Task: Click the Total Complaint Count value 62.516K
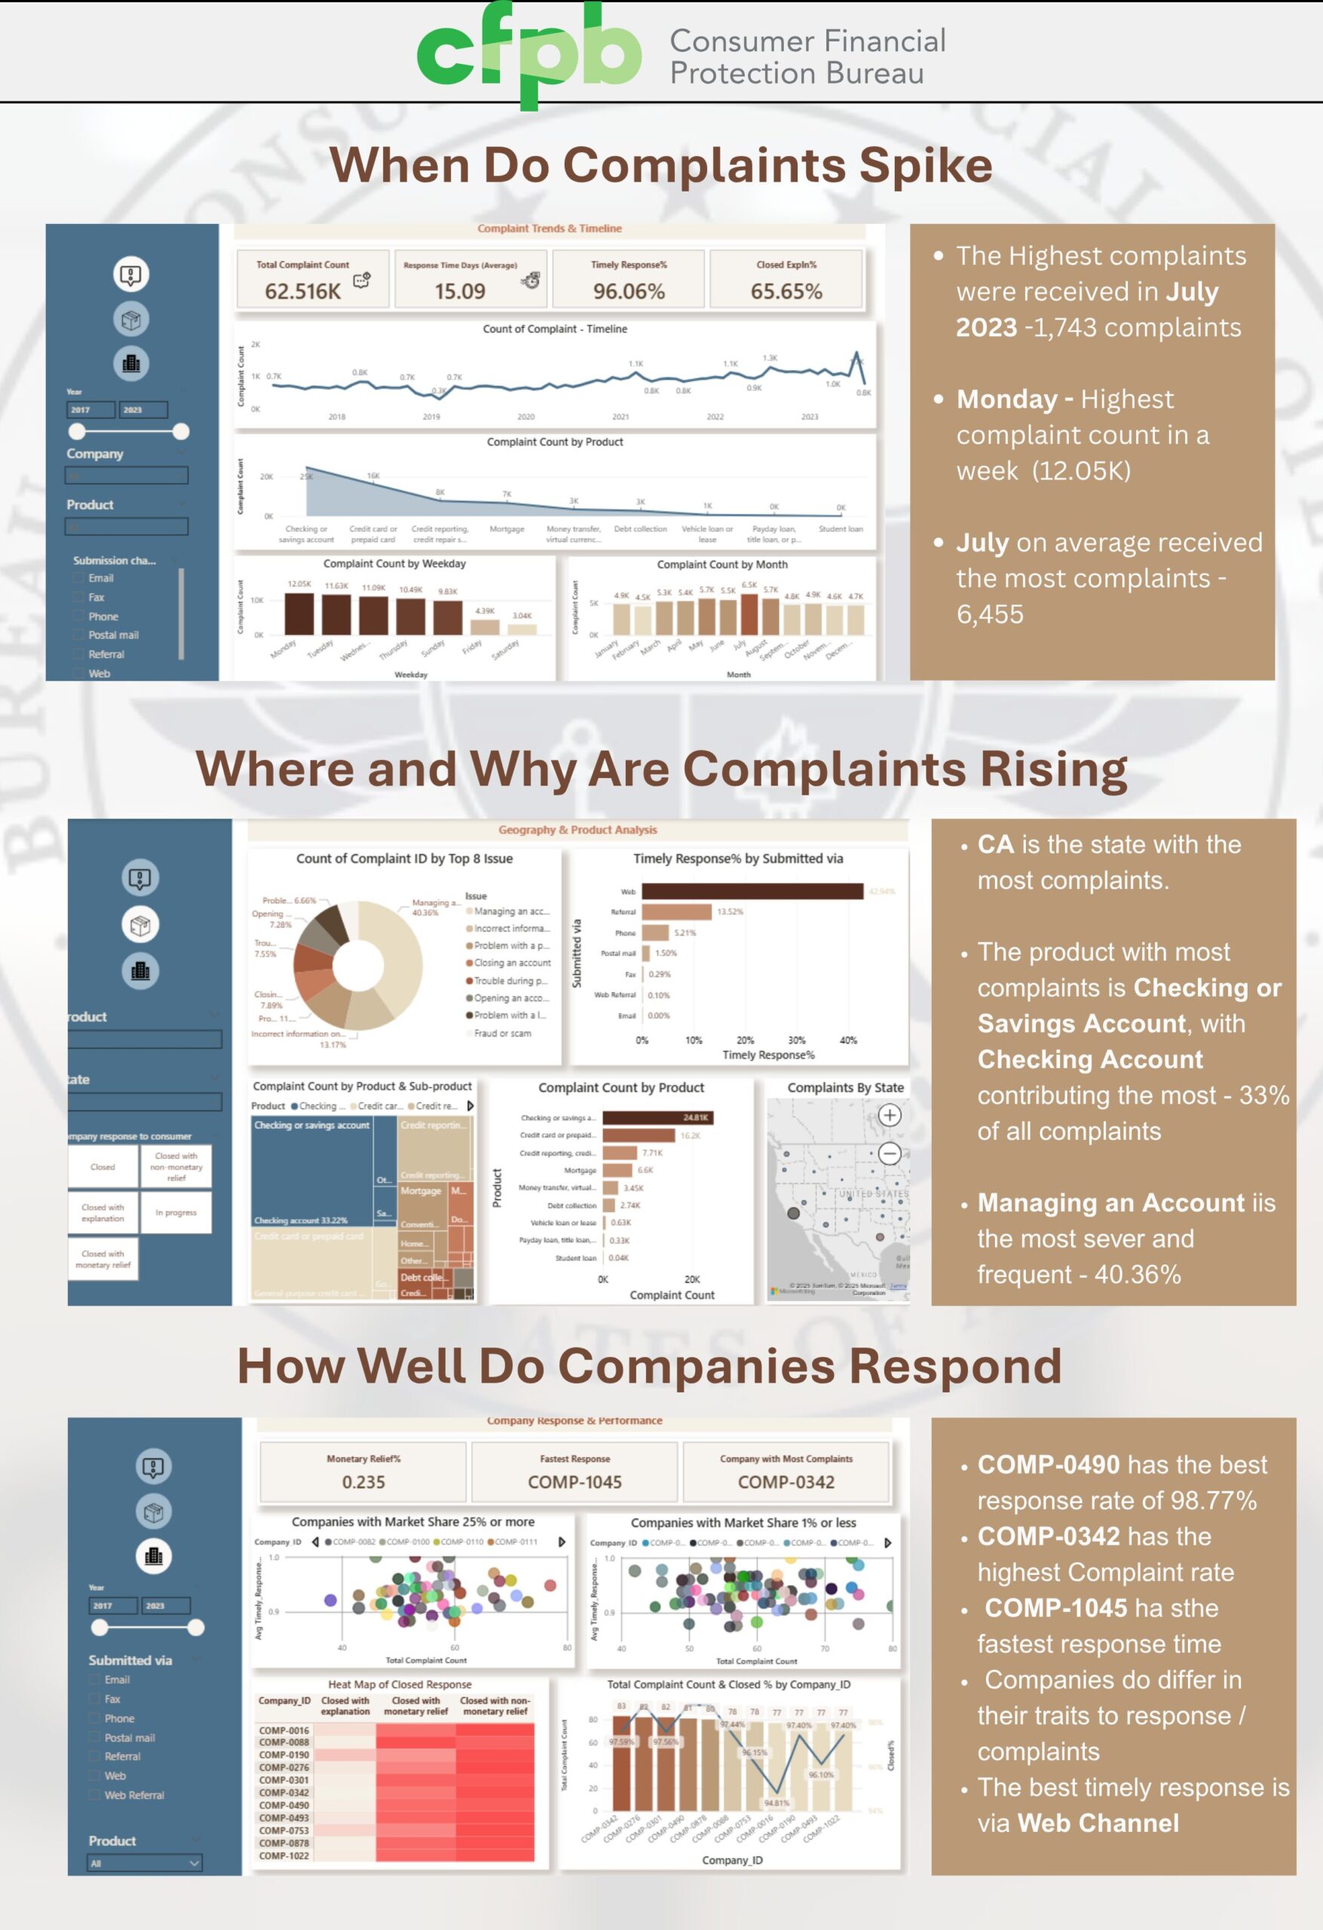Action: click(302, 291)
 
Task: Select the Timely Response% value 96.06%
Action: click(628, 291)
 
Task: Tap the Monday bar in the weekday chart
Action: click(299, 614)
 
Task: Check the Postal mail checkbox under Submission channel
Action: click(80, 636)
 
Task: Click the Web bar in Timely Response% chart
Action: click(752, 891)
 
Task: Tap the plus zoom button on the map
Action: click(889, 1114)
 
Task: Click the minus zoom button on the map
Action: click(889, 1153)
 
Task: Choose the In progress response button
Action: click(176, 1212)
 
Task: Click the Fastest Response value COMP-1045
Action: click(574, 1481)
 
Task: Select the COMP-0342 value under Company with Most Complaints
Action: click(786, 1481)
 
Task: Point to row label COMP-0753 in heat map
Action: click(283, 1830)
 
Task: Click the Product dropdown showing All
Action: click(145, 1863)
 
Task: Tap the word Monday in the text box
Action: click(1006, 400)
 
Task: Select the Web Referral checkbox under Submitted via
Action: click(95, 1794)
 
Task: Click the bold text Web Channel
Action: click(1098, 1823)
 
